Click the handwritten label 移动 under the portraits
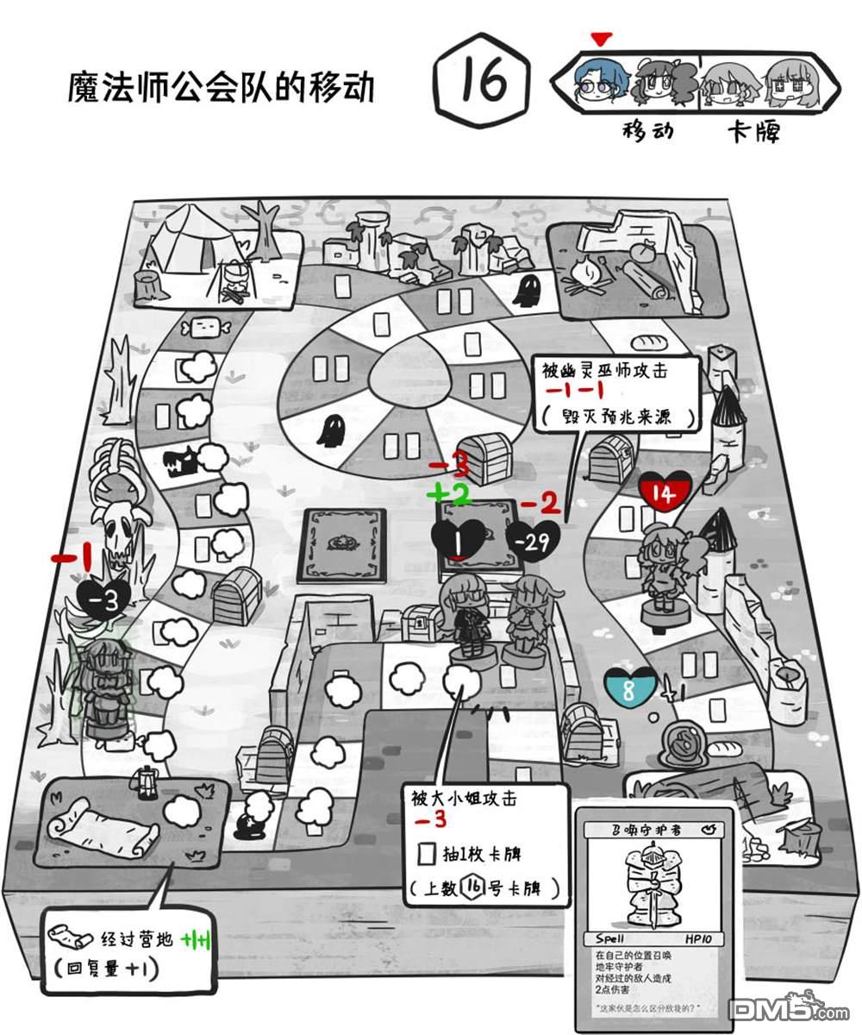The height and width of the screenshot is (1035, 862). (647, 130)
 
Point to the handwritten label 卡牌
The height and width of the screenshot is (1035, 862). (753, 131)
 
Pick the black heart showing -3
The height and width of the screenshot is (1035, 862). (105, 600)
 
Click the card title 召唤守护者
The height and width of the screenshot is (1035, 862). (645, 830)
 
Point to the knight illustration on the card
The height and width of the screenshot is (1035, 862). (653, 884)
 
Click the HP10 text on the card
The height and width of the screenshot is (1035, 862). (702, 938)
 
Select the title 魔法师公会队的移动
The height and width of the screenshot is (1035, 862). (222, 87)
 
